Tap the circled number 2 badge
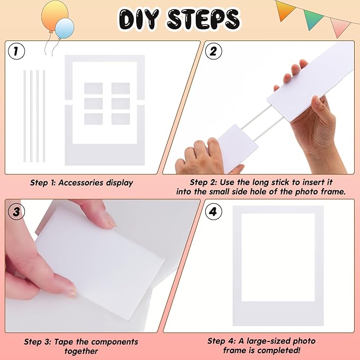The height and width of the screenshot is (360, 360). pyautogui.click(x=213, y=51)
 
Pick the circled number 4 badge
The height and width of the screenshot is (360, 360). pyautogui.click(x=213, y=212)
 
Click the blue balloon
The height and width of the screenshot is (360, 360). pyautogui.click(x=65, y=28)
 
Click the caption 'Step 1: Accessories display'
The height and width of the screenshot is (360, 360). pyautogui.click(x=81, y=183)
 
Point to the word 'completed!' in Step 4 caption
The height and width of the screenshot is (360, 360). pyautogui.click(x=295, y=350)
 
